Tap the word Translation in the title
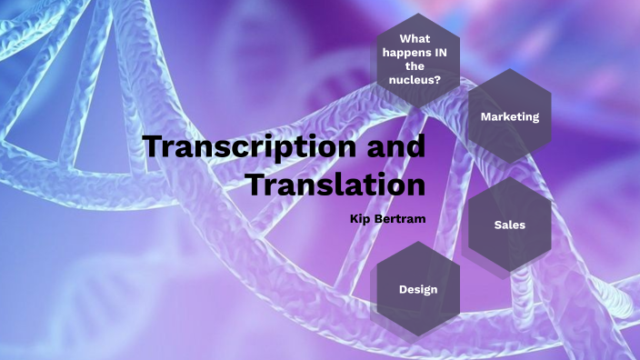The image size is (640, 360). point(336,184)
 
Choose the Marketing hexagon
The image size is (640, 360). point(510,116)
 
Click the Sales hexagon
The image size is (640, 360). point(510,224)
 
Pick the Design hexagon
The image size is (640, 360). point(418,289)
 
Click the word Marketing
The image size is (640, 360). point(510,116)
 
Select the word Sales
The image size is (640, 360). point(510,224)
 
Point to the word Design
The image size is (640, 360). point(418,289)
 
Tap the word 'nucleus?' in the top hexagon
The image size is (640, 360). point(417,80)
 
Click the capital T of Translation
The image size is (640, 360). point(257,184)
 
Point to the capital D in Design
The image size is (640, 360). point(403,289)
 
